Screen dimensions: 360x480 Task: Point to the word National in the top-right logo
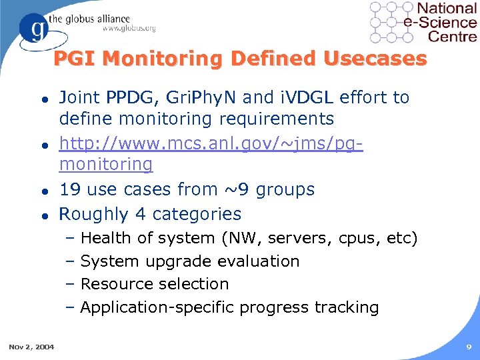pos(447,9)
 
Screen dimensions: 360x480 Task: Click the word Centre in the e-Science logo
pos(452,36)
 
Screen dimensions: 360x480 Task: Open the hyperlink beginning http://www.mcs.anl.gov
pos(211,143)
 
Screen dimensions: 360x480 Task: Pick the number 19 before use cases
pos(69,189)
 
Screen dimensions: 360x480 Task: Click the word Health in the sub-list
pos(103,238)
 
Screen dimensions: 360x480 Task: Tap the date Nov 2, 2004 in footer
pos(32,346)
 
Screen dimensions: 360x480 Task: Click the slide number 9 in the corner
pos(469,347)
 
